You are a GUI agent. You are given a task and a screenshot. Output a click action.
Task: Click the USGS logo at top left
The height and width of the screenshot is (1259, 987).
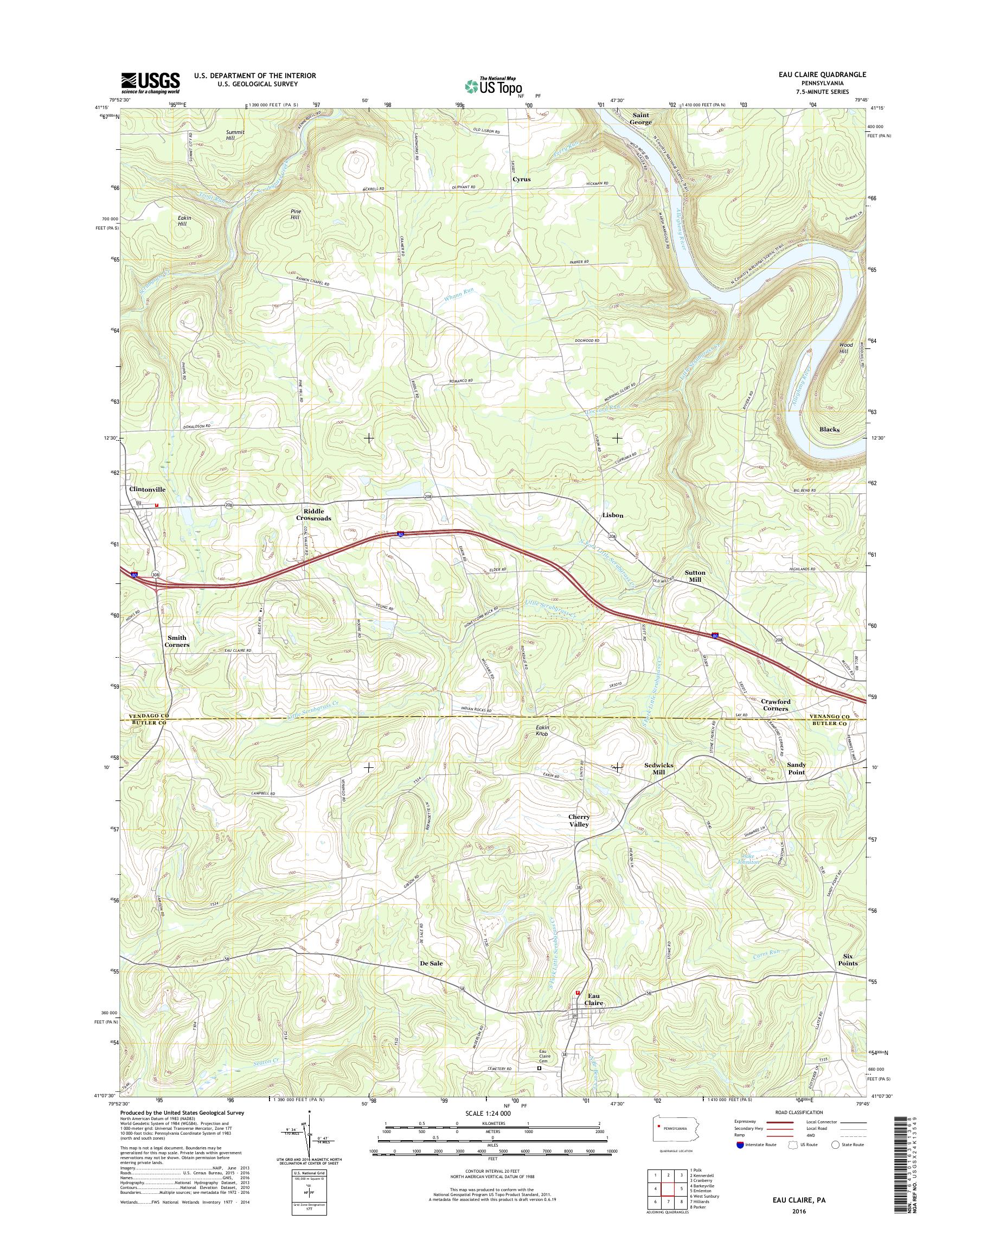tap(150, 82)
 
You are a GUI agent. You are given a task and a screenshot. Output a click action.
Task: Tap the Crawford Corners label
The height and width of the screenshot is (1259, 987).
tap(775, 705)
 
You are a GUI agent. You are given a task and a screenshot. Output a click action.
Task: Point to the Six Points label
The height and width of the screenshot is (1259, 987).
tap(848, 960)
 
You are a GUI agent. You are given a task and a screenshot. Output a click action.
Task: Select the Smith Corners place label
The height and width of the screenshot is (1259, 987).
tap(176, 641)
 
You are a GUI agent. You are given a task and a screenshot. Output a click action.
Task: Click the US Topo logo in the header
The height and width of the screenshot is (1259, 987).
tap(492, 85)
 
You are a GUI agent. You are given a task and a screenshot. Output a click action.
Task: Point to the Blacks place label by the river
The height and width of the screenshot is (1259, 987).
tap(829, 430)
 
